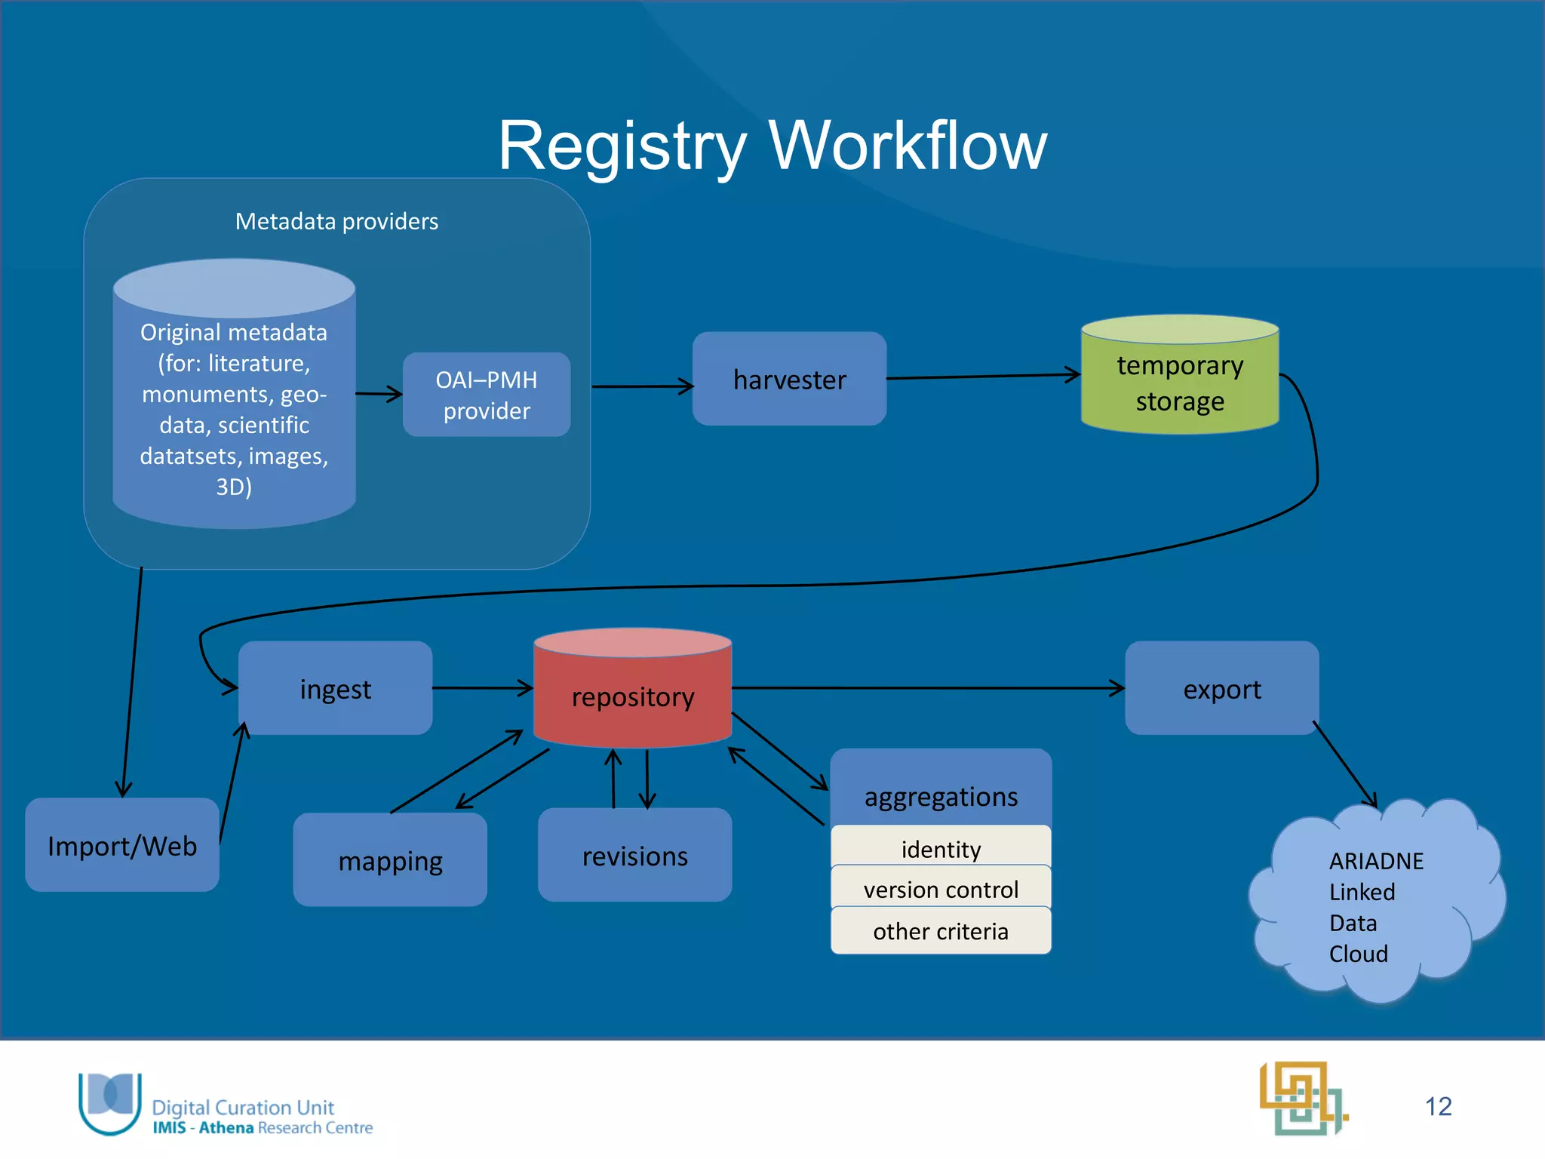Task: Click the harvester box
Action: point(789,379)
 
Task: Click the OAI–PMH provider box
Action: point(487,395)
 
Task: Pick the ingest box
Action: point(335,688)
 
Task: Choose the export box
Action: point(1221,688)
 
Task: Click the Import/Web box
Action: point(122,845)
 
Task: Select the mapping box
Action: point(390,860)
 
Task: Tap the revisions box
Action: point(634,856)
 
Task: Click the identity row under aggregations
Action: point(941,848)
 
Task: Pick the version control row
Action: point(941,889)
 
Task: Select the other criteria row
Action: point(941,931)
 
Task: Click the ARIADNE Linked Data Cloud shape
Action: point(1376,905)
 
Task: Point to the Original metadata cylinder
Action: point(234,407)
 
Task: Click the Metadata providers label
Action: point(336,221)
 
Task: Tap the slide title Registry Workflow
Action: point(772,145)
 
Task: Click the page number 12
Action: point(1438,1106)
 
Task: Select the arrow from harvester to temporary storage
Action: point(981,377)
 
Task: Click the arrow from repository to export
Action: point(928,687)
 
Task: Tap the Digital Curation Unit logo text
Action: point(243,1107)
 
